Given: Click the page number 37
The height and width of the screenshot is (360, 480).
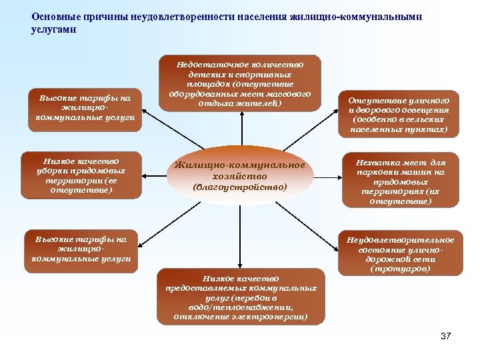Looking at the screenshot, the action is pos(446,336).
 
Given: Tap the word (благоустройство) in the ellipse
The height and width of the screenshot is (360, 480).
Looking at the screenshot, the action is pos(239,187).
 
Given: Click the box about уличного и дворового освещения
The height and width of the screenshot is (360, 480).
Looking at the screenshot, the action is pos(399,114).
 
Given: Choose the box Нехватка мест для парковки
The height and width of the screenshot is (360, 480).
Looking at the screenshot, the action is pos(400,181).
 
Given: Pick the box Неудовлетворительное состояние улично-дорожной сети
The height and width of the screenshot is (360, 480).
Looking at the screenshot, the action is pos(400,254).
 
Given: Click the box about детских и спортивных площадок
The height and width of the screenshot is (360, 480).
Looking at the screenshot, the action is pos(239,84).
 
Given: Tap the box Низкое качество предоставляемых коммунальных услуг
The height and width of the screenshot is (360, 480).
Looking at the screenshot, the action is pos(241,297).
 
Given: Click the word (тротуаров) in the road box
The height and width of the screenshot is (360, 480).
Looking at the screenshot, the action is pos(400,269).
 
